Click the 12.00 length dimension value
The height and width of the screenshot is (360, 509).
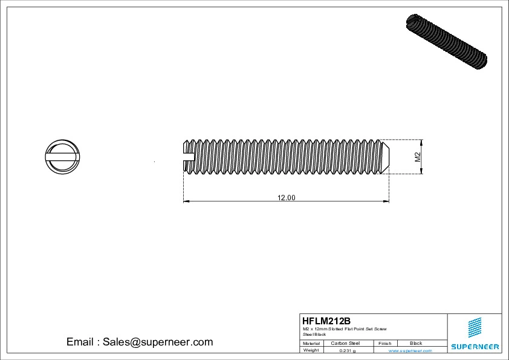tap(287, 197)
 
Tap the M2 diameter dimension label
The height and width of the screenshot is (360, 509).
tap(417, 157)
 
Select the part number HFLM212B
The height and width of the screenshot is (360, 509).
tap(326, 321)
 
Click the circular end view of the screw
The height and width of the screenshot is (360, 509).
tap(62, 157)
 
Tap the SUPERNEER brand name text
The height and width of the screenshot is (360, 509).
tap(475, 347)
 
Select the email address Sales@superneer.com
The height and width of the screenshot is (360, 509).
tap(157, 342)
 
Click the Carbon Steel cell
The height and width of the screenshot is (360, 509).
tap(345, 343)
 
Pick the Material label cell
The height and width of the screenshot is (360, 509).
tap(311, 343)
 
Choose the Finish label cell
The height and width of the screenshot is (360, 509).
tap(385, 343)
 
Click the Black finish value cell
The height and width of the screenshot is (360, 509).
tap(416, 343)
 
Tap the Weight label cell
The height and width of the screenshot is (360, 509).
tap(311, 350)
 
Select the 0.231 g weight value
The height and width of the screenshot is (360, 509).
tap(347, 350)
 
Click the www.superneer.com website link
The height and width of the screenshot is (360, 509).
tap(410, 350)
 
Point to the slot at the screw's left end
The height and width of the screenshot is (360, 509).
tap(189, 157)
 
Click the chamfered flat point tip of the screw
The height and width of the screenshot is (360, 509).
tap(386, 157)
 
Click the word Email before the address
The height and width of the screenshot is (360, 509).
tap(80, 342)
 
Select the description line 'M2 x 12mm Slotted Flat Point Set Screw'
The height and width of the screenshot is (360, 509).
tap(345, 329)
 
